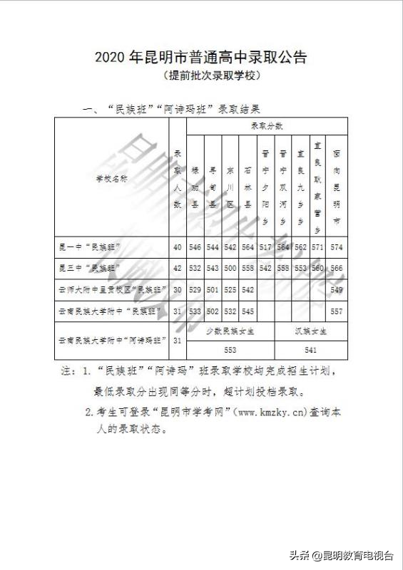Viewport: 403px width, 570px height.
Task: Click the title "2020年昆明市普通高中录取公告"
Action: click(x=200, y=58)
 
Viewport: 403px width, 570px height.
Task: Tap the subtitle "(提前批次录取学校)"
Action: click(x=200, y=75)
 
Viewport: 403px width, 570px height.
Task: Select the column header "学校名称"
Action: click(x=112, y=180)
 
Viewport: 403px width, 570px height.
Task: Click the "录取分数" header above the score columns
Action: click(x=267, y=126)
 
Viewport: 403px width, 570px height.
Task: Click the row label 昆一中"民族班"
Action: click(x=89, y=247)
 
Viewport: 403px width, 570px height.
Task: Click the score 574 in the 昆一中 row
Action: click(x=337, y=247)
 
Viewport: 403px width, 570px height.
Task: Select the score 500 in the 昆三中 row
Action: click(x=230, y=268)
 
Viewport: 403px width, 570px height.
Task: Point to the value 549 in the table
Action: click(x=337, y=290)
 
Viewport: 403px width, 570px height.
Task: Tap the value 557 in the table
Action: click(x=337, y=311)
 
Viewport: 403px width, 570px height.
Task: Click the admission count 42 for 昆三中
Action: click(x=178, y=268)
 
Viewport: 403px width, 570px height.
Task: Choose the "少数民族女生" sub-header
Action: click(x=230, y=331)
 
